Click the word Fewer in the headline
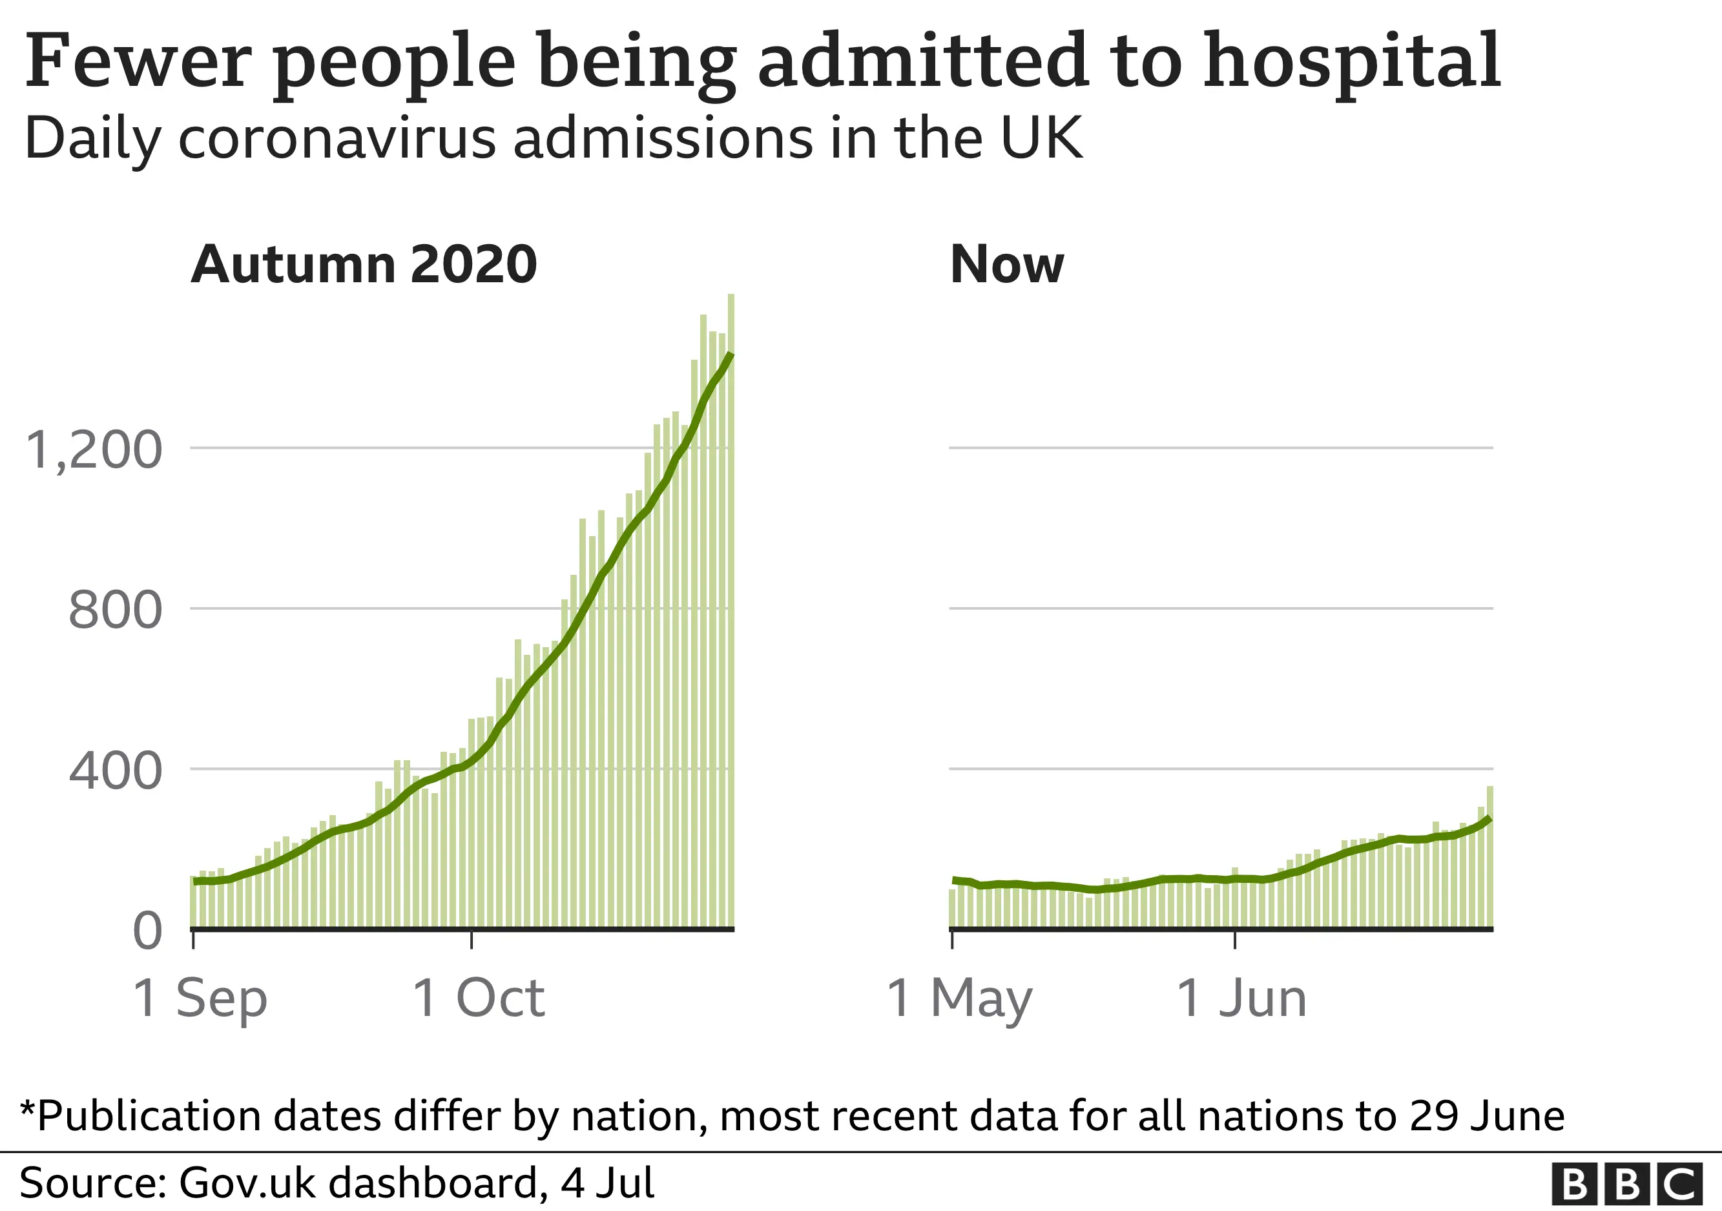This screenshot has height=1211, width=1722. click(137, 61)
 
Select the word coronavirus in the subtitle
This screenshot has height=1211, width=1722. click(336, 139)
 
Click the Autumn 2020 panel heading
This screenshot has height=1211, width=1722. click(364, 265)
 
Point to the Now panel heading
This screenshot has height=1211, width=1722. click(1006, 265)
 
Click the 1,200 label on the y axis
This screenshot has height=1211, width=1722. click(94, 450)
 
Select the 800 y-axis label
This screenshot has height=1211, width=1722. click(115, 610)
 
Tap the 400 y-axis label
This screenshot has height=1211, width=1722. click(115, 770)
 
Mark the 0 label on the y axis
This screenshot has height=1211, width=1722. click(147, 931)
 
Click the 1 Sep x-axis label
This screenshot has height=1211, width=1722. click(200, 999)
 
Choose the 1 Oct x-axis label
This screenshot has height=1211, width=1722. click(479, 999)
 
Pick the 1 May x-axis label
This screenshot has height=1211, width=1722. click(959, 999)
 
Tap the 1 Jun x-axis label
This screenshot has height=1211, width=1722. click(1241, 999)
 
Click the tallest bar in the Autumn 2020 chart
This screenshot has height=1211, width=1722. click(731, 600)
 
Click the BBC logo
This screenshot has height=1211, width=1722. click(1626, 1185)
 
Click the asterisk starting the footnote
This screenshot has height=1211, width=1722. click(28, 1110)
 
